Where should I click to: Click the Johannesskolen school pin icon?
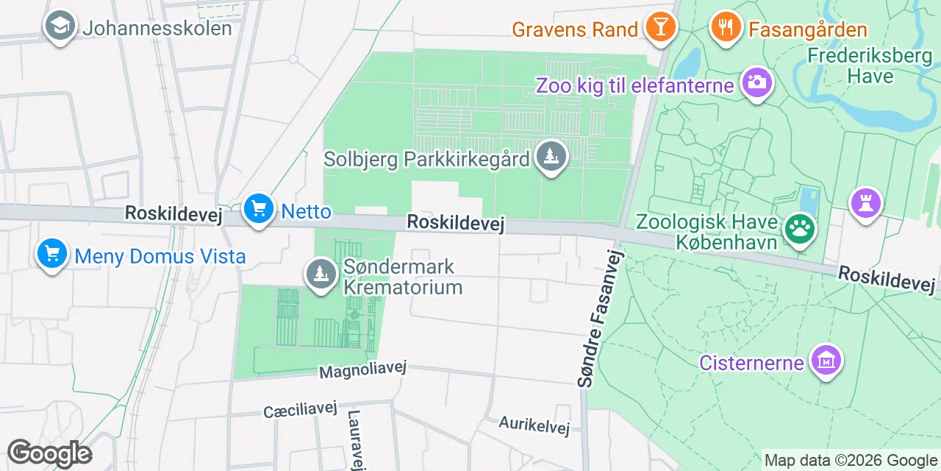click(x=60, y=26)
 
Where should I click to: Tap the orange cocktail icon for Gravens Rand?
click(x=659, y=26)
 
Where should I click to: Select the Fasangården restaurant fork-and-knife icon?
click(x=726, y=26)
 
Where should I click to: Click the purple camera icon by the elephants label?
click(x=756, y=82)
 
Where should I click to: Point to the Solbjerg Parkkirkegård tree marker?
click(x=551, y=157)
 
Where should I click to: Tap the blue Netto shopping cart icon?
click(x=258, y=209)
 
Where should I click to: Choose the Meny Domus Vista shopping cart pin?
click(x=51, y=254)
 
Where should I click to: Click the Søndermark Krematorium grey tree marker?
click(x=321, y=275)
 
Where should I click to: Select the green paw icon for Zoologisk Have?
click(x=799, y=228)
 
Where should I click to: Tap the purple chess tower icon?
click(x=865, y=202)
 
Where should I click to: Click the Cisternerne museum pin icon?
click(x=826, y=361)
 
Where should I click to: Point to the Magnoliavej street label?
click(x=362, y=370)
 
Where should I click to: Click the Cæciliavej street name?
click(x=300, y=410)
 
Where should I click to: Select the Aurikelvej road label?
click(x=534, y=425)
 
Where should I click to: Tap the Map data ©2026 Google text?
click(x=851, y=461)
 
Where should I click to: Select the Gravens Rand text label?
click(x=574, y=29)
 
